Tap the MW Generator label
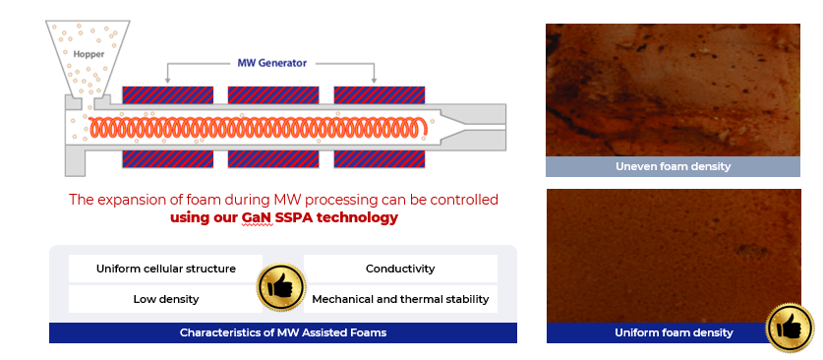pos(272,63)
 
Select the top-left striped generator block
pos(167,94)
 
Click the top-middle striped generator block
pos(273,94)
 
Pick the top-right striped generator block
pos(380,94)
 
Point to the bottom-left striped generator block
pos(167,159)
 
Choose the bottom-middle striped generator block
pos(273,159)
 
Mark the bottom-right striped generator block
pos(380,159)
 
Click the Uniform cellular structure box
pos(165,269)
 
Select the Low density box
pos(165,299)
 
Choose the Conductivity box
pos(400,269)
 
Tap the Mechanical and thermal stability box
pos(400,299)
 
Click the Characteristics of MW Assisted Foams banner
pos(283,332)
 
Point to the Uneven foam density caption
pos(673,166)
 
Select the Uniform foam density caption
pos(673,332)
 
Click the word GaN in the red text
pos(257,218)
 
